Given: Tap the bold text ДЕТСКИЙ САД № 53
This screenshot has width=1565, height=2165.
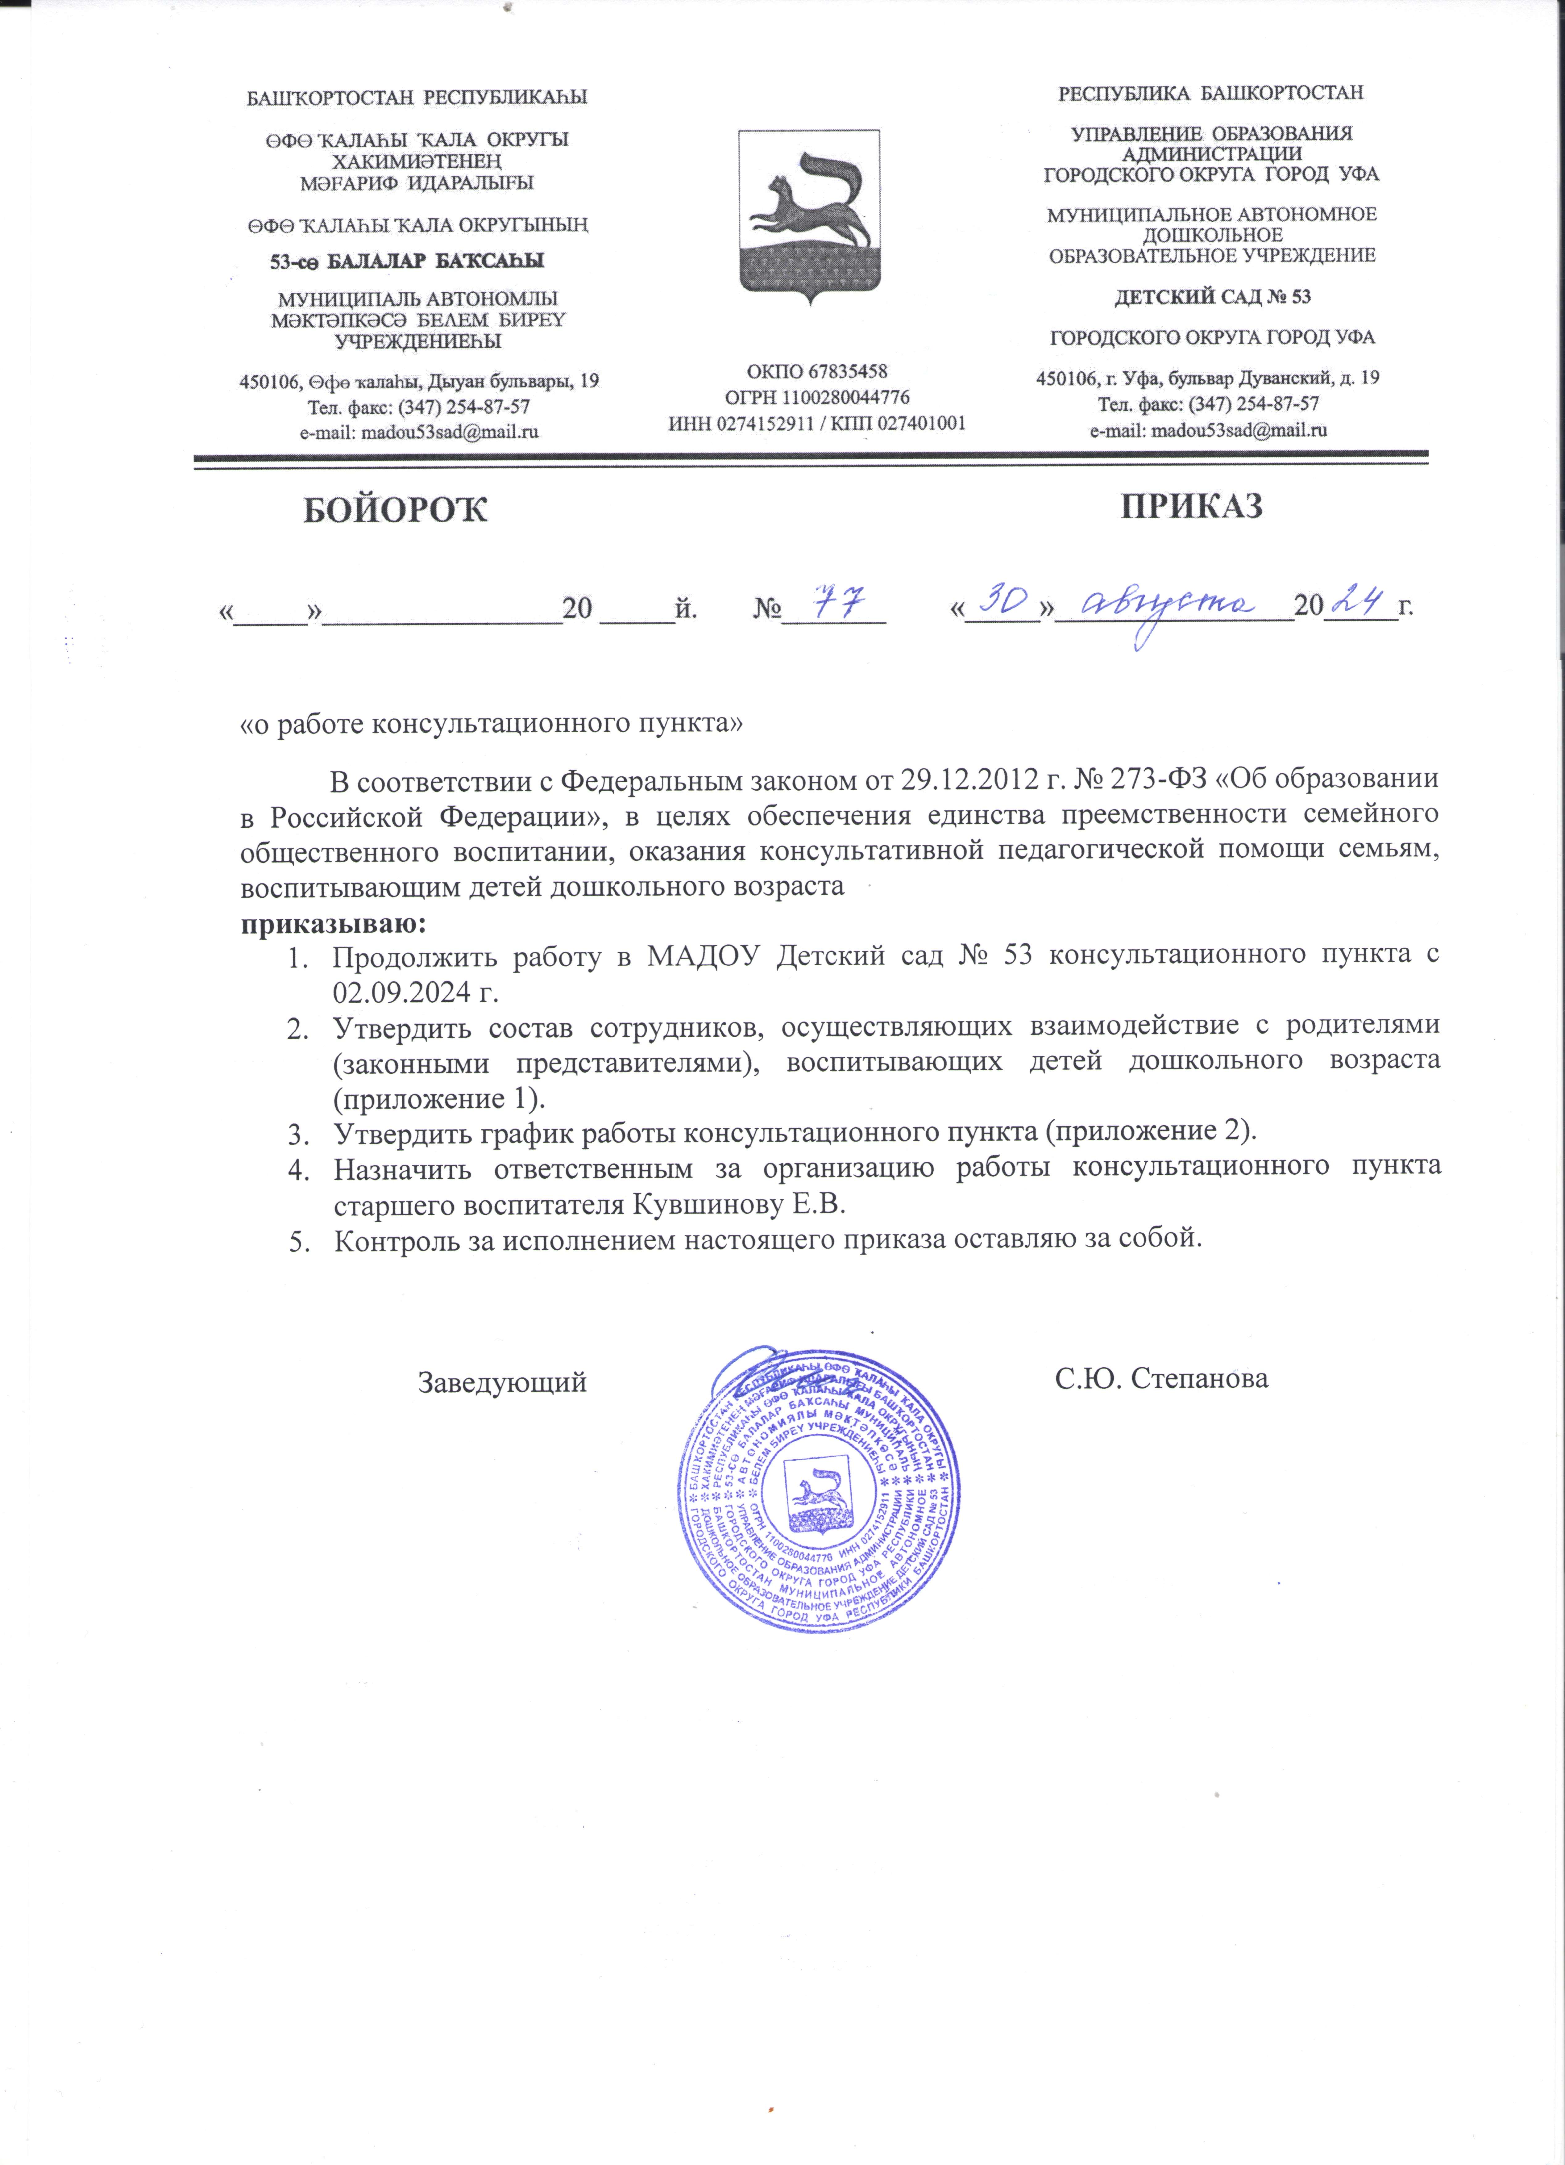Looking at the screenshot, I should (1212, 297).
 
